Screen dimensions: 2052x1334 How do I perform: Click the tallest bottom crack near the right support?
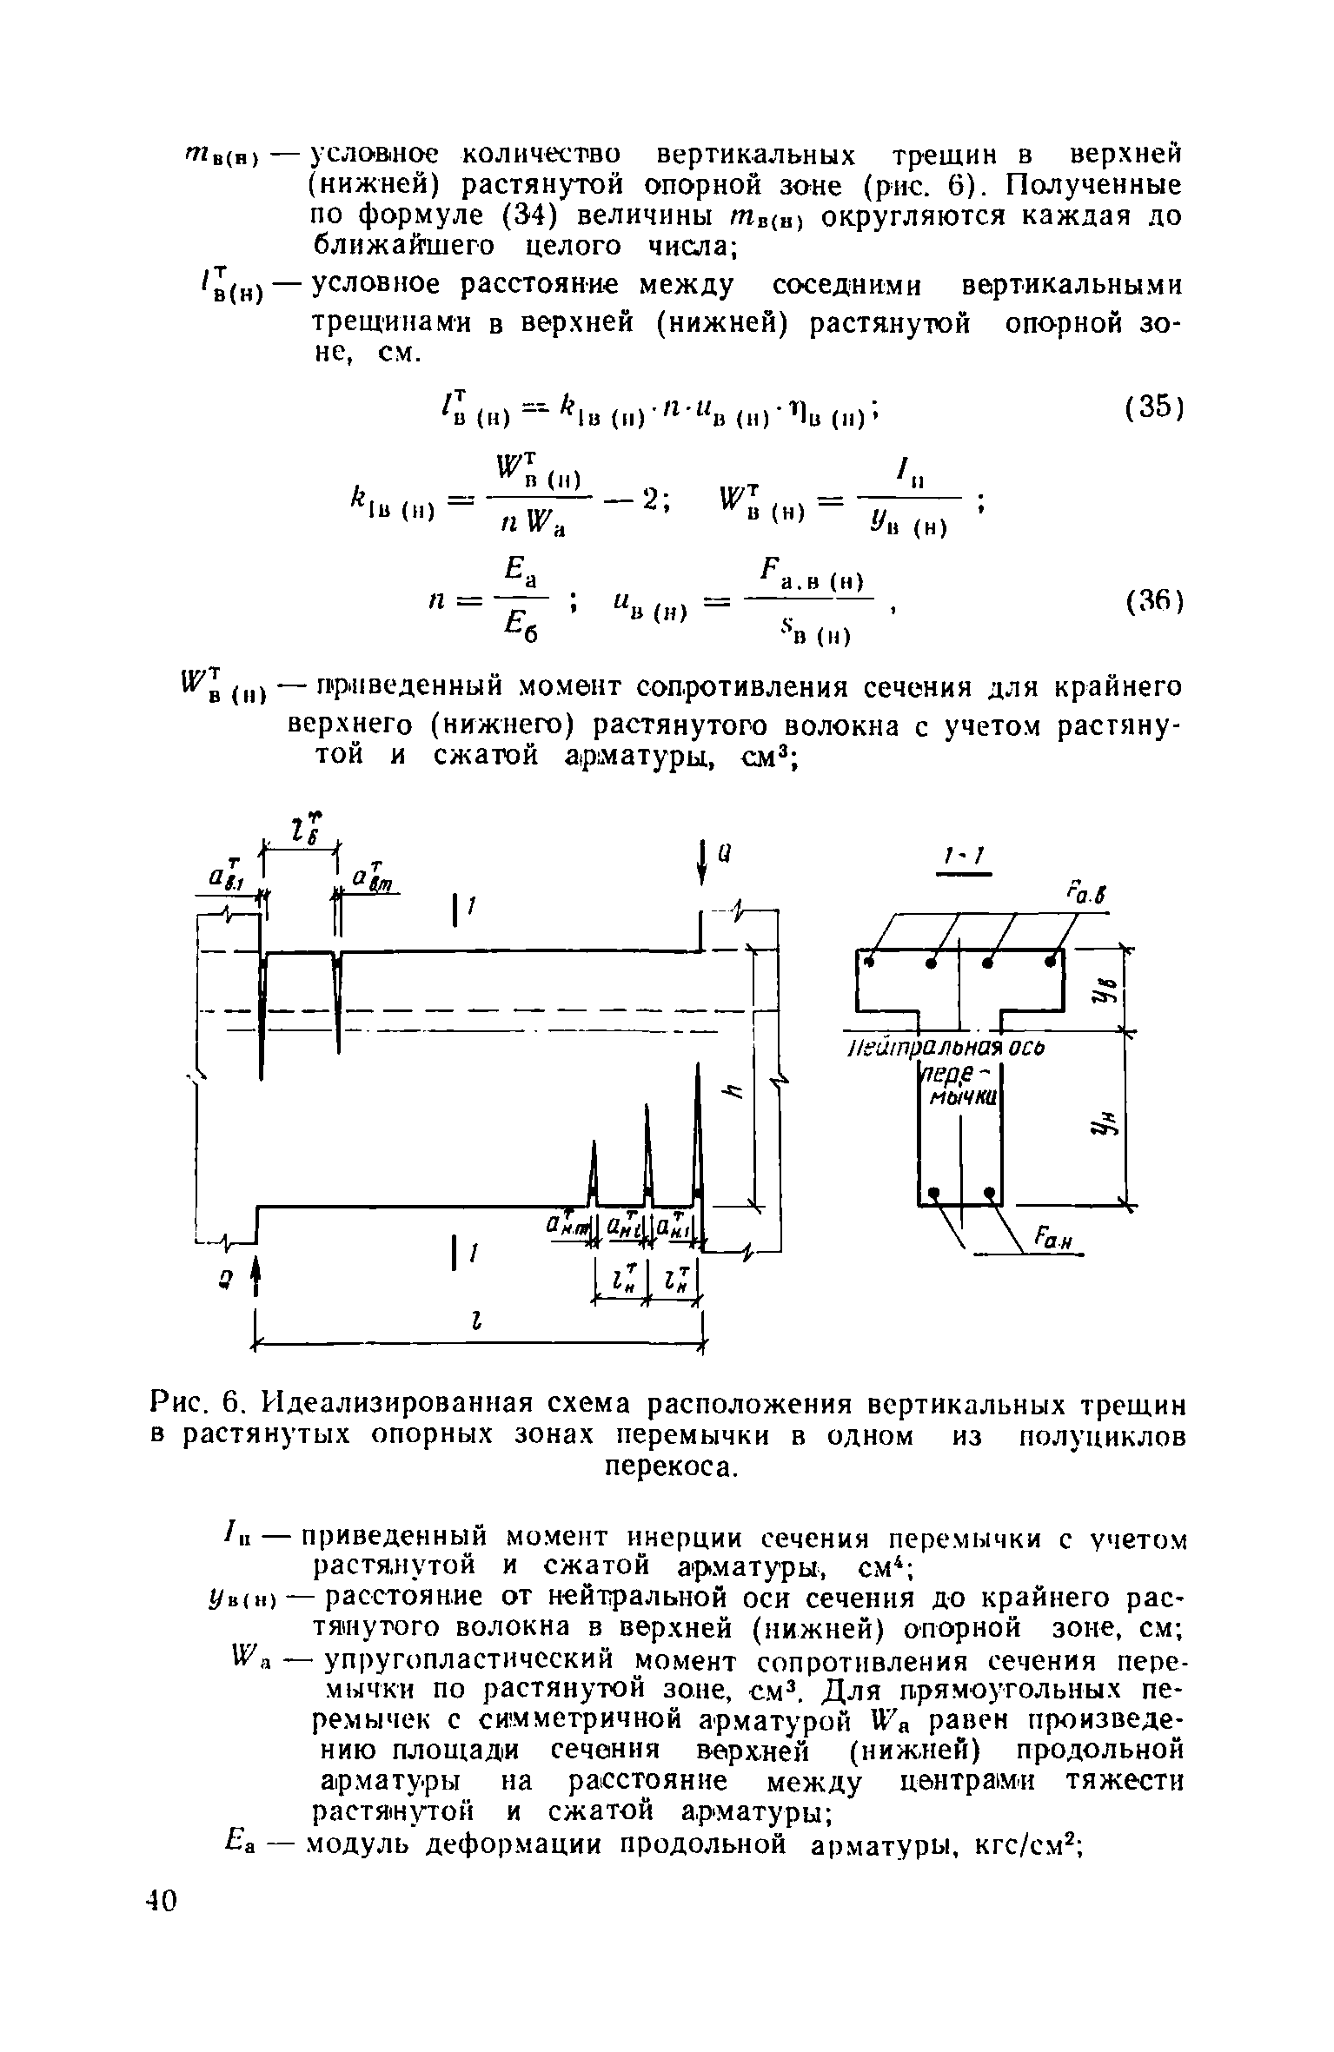click(698, 1129)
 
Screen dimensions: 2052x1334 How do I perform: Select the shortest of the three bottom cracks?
click(594, 1173)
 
